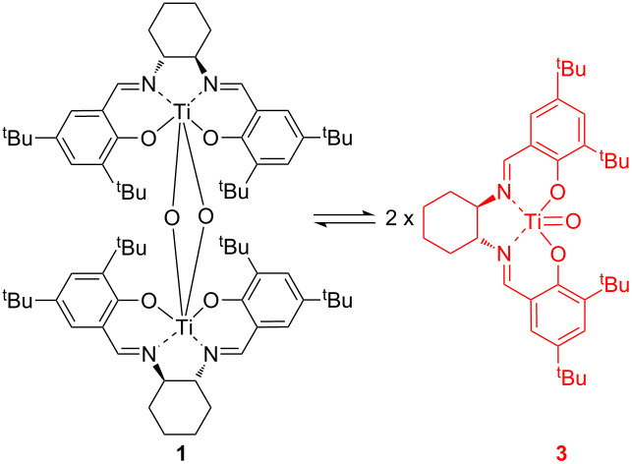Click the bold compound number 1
[181, 454]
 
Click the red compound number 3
[561, 454]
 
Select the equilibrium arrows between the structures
[344, 219]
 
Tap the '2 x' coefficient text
[399, 219]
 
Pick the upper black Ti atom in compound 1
[183, 112]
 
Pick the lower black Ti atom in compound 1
[183, 326]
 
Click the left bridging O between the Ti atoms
[172, 218]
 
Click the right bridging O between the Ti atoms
[206, 216]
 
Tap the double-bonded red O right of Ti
[573, 221]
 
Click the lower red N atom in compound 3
[504, 254]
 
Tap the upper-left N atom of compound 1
[147, 85]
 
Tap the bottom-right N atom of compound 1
[212, 355]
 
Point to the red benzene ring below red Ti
[531, 316]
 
